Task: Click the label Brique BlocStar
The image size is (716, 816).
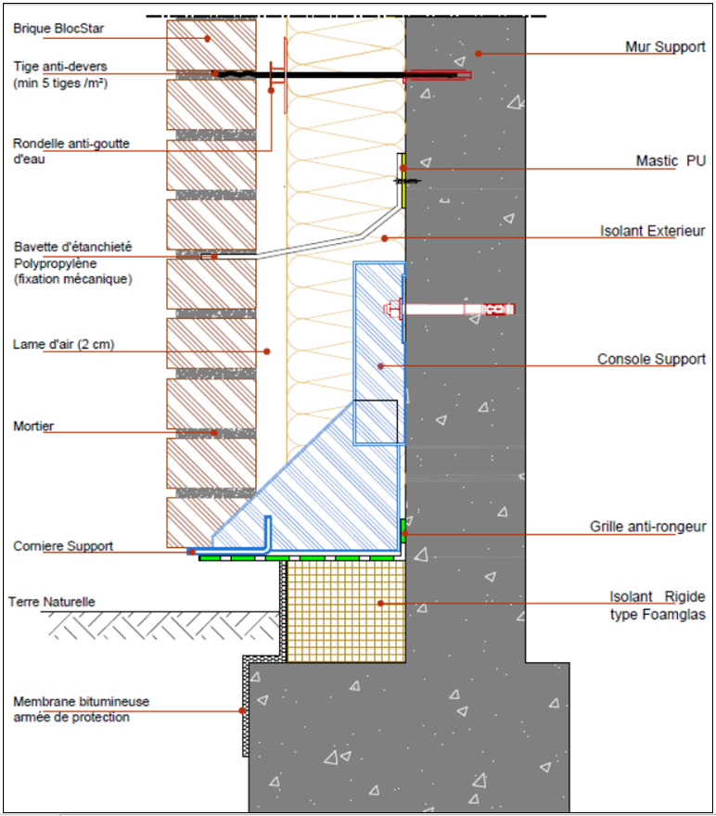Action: [58, 28]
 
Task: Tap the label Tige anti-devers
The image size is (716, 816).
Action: [60, 67]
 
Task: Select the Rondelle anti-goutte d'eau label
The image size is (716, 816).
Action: [71, 151]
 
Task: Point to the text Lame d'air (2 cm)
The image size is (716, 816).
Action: [63, 344]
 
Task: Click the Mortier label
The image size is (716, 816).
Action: [33, 426]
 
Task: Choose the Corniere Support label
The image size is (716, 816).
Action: [63, 546]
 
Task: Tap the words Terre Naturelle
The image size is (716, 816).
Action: [52, 602]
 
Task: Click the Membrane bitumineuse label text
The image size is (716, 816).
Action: [82, 702]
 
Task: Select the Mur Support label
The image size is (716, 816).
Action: [665, 47]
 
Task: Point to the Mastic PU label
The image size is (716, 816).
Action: [671, 160]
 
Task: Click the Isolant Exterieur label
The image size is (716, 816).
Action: [653, 231]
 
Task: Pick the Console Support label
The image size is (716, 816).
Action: [651, 359]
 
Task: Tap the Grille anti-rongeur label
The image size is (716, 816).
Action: [648, 527]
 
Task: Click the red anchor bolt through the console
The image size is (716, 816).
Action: [450, 309]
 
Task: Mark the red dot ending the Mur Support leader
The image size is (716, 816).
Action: [479, 53]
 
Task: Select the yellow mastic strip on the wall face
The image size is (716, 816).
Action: [403, 181]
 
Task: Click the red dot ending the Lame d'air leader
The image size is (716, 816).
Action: [267, 351]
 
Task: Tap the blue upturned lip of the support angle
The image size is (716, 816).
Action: [268, 532]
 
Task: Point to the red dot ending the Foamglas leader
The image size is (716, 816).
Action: [381, 603]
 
